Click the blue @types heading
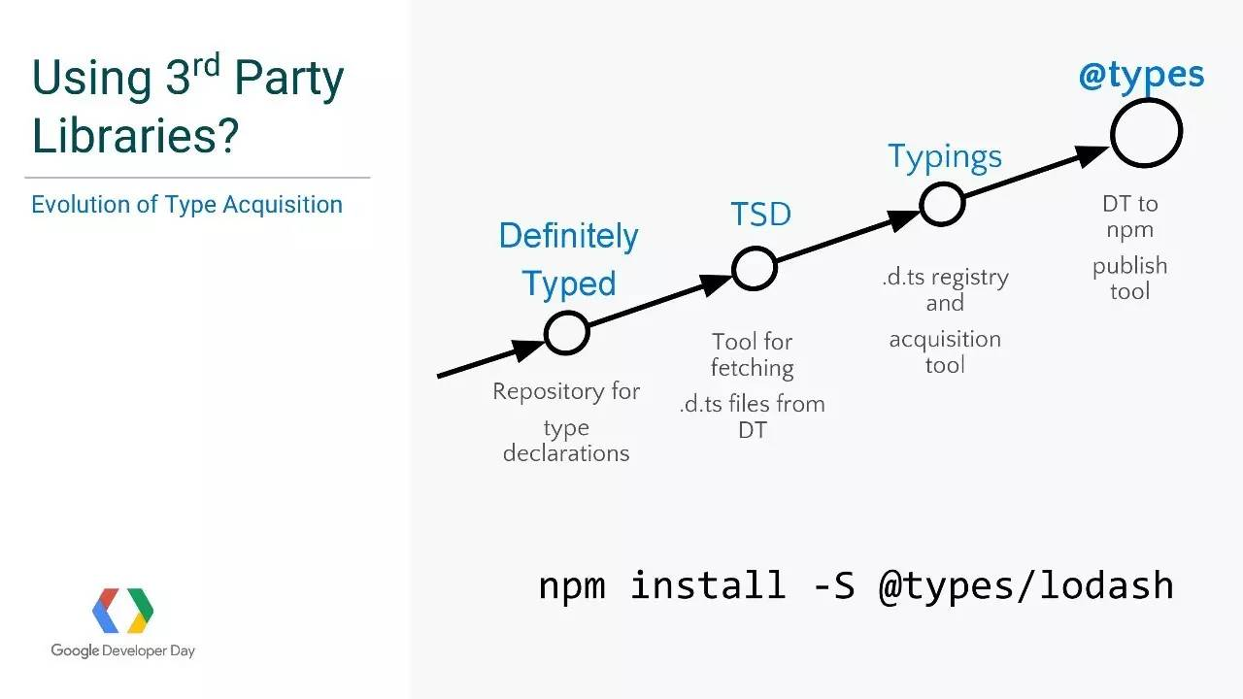[1141, 76]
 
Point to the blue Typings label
[945, 157]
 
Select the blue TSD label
[760, 214]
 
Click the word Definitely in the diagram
[569, 236]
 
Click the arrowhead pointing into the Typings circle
[902, 220]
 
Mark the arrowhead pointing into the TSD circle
[715, 284]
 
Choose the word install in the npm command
[708, 584]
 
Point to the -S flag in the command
[834, 585]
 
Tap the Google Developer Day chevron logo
[122, 611]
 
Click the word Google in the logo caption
[75, 650]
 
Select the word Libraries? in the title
[135, 135]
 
